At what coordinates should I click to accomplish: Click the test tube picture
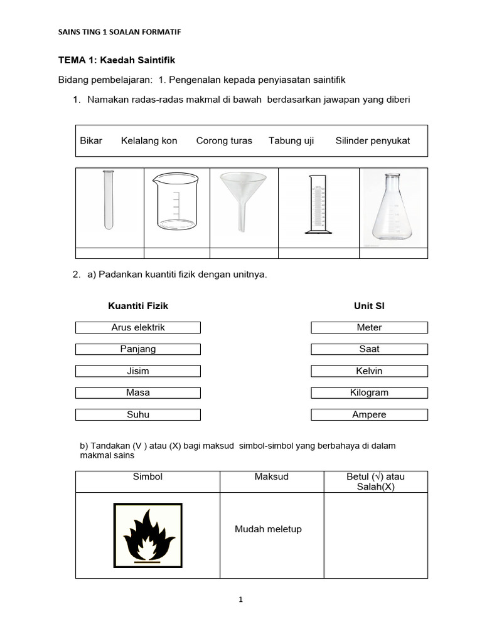click(x=109, y=200)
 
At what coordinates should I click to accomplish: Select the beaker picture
click(x=175, y=201)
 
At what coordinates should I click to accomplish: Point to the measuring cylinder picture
click(x=318, y=204)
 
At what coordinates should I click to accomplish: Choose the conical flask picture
click(x=392, y=207)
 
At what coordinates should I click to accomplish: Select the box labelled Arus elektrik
click(x=138, y=327)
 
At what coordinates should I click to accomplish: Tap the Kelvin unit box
click(x=369, y=371)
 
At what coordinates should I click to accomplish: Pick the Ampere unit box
click(x=369, y=414)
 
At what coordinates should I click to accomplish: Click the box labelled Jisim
click(x=138, y=371)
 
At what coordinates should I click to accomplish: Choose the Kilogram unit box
click(x=369, y=392)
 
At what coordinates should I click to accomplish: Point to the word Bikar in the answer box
click(x=91, y=140)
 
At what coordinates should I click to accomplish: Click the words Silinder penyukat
click(x=372, y=140)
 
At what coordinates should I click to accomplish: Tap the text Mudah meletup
click(x=268, y=529)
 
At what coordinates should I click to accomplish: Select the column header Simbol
click(x=147, y=477)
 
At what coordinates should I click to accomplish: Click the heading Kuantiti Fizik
click(x=138, y=306)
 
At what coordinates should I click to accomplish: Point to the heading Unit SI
click(x=370, y=306)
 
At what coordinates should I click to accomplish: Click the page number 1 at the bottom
click(x=241, y=599)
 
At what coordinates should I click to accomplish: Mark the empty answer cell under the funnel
click(x=244, y=253)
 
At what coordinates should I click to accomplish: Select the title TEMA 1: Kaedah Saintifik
click(x=116, y=60)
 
